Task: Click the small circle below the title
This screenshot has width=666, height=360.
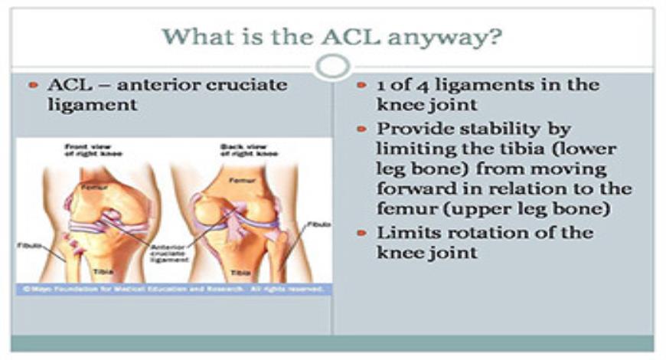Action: point(332,67)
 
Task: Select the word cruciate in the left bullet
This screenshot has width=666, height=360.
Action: point(239,84)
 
